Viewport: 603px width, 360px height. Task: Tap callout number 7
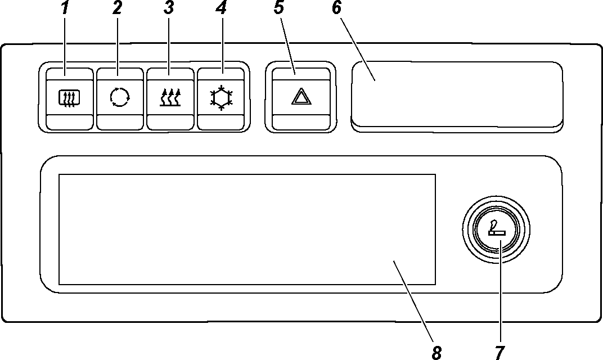coord(498,352)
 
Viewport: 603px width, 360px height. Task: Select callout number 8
coord(436,352)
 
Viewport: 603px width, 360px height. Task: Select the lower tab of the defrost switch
coord(68,122)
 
